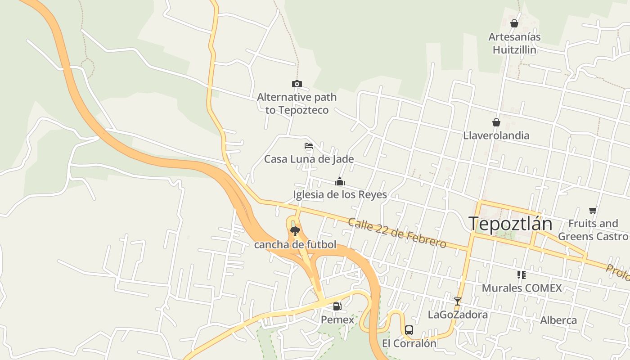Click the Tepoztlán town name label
[x=510, y=224]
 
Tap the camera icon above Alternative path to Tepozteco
[x=297, y=84]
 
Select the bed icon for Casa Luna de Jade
[x=309, y=146]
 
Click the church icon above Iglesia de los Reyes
[x=340, y=181]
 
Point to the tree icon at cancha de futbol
[x=295, y=231]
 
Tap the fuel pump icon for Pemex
[x=337, y=306]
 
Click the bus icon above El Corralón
[x=409, y=330]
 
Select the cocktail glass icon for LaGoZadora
[x=458, y=301]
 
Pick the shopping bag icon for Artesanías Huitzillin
[x=514, y=23]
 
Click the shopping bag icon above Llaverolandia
[x=496, y=122]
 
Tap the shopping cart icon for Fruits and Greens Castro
[x=593, y=210]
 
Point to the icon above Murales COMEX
[x=522, y=274]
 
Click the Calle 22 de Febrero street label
[x=397, y=233]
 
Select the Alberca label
[x=558, y=320]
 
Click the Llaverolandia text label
[x=496, y=135]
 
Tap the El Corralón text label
[x=409, y=343]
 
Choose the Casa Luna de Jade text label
[x=309, y=159]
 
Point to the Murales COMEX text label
[x=522, y=288]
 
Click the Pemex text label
[x=337, y=319]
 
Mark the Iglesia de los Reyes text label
[x=340, y=194]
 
